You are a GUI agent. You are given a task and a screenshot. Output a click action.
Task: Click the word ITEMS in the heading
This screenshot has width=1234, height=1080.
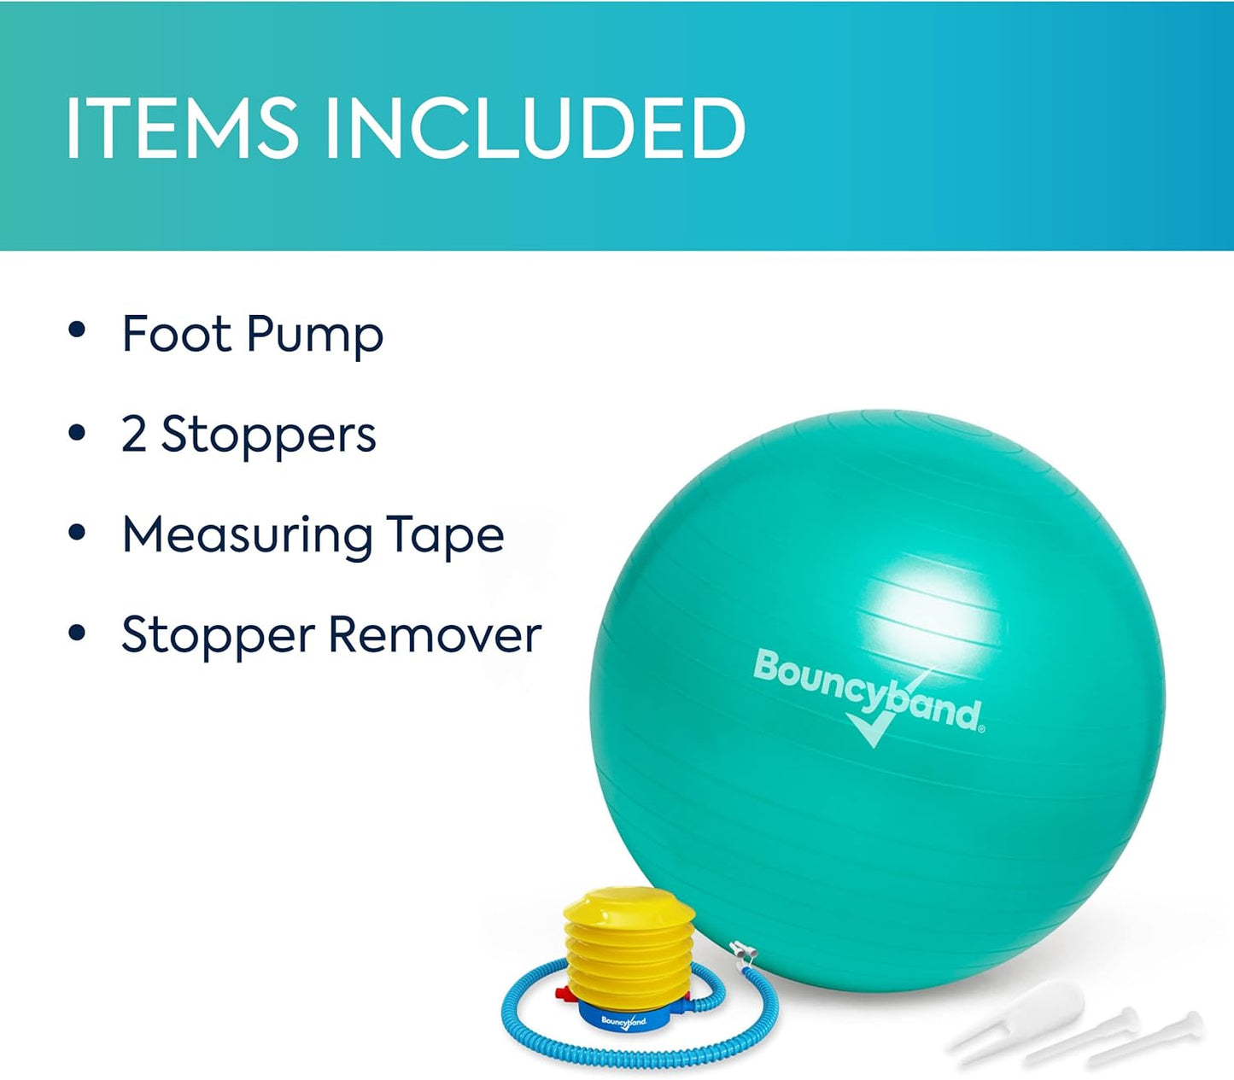click(x=181, y=128)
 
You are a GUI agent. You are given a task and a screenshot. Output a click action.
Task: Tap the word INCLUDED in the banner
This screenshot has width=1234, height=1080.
click(x=535, y=128)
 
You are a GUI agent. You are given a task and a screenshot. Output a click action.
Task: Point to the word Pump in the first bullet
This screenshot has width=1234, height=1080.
click(x=315, y=336)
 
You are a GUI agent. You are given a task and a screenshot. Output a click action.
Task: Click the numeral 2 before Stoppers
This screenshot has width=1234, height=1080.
click(x=134, y=434)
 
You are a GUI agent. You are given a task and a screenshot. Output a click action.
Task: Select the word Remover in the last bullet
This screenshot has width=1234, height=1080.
click(x=435, y=635)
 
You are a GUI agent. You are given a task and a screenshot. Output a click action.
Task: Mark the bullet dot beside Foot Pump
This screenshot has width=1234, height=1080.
click(x=78, y=330)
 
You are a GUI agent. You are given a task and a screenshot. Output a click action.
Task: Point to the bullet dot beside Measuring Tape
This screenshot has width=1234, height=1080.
click(x=78, y=532)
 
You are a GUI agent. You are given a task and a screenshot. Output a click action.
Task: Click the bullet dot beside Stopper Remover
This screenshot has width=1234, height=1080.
click(x=78, y=633)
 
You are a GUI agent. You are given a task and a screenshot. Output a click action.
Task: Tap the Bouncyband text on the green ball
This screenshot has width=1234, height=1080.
click(x=867, y=688)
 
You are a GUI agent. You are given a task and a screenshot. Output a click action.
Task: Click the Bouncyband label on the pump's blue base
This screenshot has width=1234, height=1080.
click(x=624, y=1021)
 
